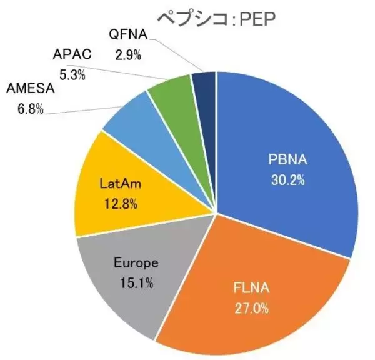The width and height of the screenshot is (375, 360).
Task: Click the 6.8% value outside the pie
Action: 29,109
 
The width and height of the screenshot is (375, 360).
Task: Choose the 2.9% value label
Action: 128,54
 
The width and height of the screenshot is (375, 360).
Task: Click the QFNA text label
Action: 128,37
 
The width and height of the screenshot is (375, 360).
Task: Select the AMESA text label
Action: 30,89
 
